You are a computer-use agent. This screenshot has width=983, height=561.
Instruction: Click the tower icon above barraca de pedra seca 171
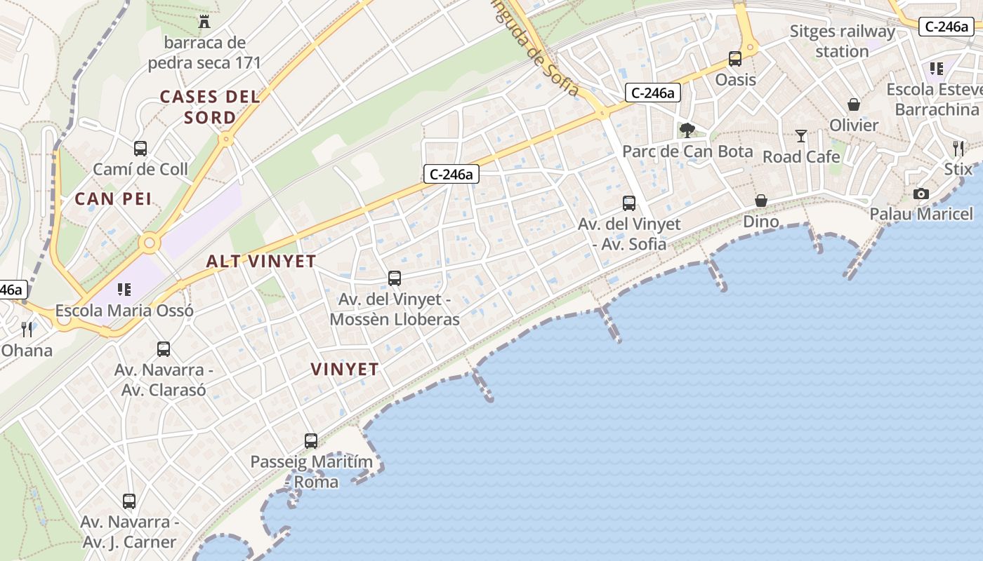[204, 22]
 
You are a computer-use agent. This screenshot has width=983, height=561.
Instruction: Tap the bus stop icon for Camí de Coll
[140, 149]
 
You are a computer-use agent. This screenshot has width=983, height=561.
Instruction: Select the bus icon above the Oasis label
[735, 59]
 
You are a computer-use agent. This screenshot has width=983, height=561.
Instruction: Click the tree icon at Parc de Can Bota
[687, 130]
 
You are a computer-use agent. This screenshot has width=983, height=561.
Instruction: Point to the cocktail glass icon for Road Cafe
[801, 136]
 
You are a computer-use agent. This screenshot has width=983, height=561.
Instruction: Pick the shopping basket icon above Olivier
[854, 104]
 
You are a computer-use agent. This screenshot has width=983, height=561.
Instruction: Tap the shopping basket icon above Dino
[761, 201]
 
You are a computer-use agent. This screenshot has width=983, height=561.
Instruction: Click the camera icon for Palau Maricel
[921, 194]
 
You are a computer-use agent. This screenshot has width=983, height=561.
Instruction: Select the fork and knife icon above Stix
[958, 148]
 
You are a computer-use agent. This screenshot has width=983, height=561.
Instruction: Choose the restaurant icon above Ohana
[27, 330]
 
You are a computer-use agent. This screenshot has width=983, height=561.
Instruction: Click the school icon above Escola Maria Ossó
[124, 289]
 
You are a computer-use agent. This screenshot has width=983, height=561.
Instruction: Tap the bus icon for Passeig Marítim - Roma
[311, 441]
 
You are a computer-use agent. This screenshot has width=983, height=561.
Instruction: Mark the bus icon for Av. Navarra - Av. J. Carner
[129, 501]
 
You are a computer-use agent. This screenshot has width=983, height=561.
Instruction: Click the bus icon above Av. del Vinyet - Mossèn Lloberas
[395, 278]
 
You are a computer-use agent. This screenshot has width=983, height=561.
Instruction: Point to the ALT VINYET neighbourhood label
[261, 262]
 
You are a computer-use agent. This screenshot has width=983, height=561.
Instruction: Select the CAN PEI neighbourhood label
[113, 199]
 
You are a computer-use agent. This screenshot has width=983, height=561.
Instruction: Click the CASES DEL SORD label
[210, 107]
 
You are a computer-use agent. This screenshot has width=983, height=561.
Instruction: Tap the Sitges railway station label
[843, 41]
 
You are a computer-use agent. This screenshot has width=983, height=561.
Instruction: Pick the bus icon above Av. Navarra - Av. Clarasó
[164, 349]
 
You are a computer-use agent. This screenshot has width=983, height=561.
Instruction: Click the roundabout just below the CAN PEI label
[149, 243]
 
